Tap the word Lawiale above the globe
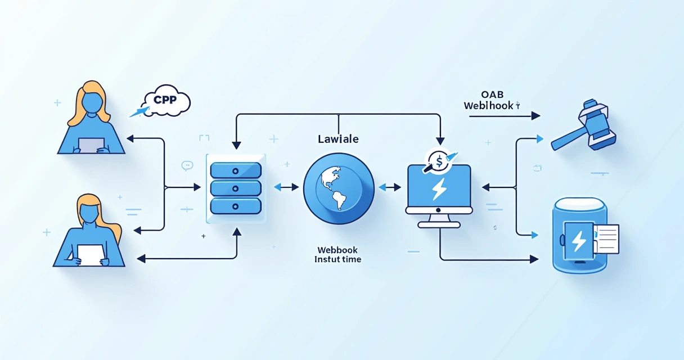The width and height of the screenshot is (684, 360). [338, 138]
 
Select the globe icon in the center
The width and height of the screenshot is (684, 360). [339, 188]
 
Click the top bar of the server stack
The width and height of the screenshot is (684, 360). [235, 170]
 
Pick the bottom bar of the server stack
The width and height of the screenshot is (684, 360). [235, 205]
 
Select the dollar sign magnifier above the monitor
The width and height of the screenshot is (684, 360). [438, 160]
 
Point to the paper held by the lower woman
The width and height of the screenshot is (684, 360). [90, 255]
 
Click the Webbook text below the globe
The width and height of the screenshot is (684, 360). [337, 250]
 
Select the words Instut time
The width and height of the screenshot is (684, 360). [337, 259]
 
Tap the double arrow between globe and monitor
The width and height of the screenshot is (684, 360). [390, 187]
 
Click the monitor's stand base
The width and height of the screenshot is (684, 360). [439, 224]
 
